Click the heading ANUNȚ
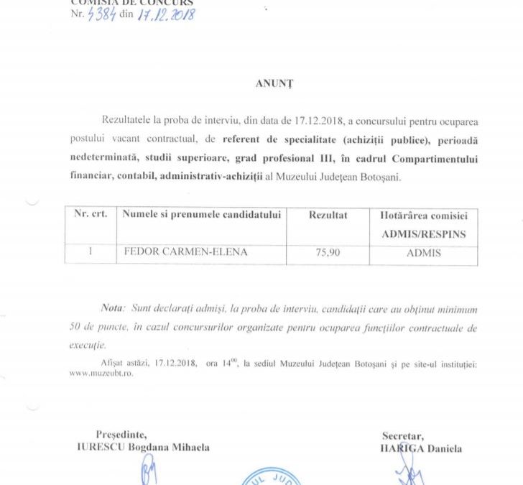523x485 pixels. (x=274, y=83)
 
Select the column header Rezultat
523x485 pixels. (x=328, y=215)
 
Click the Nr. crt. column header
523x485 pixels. (x=91, y=215)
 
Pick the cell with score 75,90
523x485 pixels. (x=328, y=253)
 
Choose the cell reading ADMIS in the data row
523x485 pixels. (x=423, y=253)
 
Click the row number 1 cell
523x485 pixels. (x=91, y=253)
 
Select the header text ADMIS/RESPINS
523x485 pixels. (x=423, y=234)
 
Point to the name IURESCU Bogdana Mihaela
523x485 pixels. (x=143, y=447)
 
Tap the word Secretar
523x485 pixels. (x=403, y=435)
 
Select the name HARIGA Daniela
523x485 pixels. (x=422, y=448)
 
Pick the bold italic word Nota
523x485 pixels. (x=112, y=308)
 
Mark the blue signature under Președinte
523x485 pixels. (x=149, y=473)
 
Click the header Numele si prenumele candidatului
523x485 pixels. (x=202, y=215)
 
